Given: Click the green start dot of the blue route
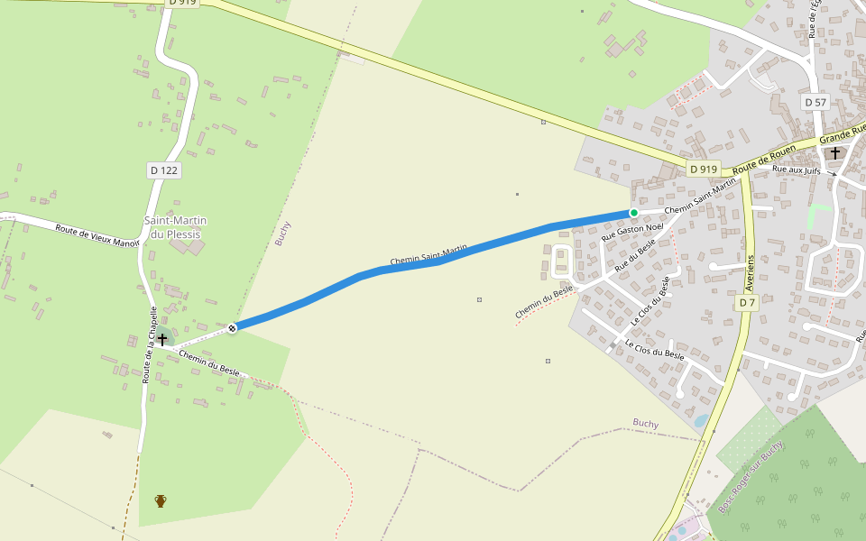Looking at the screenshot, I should [x=633, y=213].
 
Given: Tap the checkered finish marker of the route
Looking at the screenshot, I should [x=233, y=328].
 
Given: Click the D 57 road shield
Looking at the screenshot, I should [x=815, y=103].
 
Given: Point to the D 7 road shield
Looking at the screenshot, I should [x=747, y=303].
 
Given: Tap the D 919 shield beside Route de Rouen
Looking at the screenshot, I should [x=703, y=170].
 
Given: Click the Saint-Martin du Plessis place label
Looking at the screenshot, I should [x=176, y=227].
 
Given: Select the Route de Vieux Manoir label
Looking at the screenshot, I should [x=97, y=235].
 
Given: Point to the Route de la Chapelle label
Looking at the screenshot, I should [x=150, y=344].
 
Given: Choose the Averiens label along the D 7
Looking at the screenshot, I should [x=750, y=271].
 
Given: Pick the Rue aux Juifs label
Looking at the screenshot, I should [x=800, y=169].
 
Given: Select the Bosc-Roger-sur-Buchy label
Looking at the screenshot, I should [x=751, y=479].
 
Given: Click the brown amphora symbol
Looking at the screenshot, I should [x=161, y=500].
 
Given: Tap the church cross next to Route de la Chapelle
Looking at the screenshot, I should [x=162, y=339].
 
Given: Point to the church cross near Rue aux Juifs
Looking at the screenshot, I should [x=835, y=153].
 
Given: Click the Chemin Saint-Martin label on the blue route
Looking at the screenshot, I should [x=428, y=254].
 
